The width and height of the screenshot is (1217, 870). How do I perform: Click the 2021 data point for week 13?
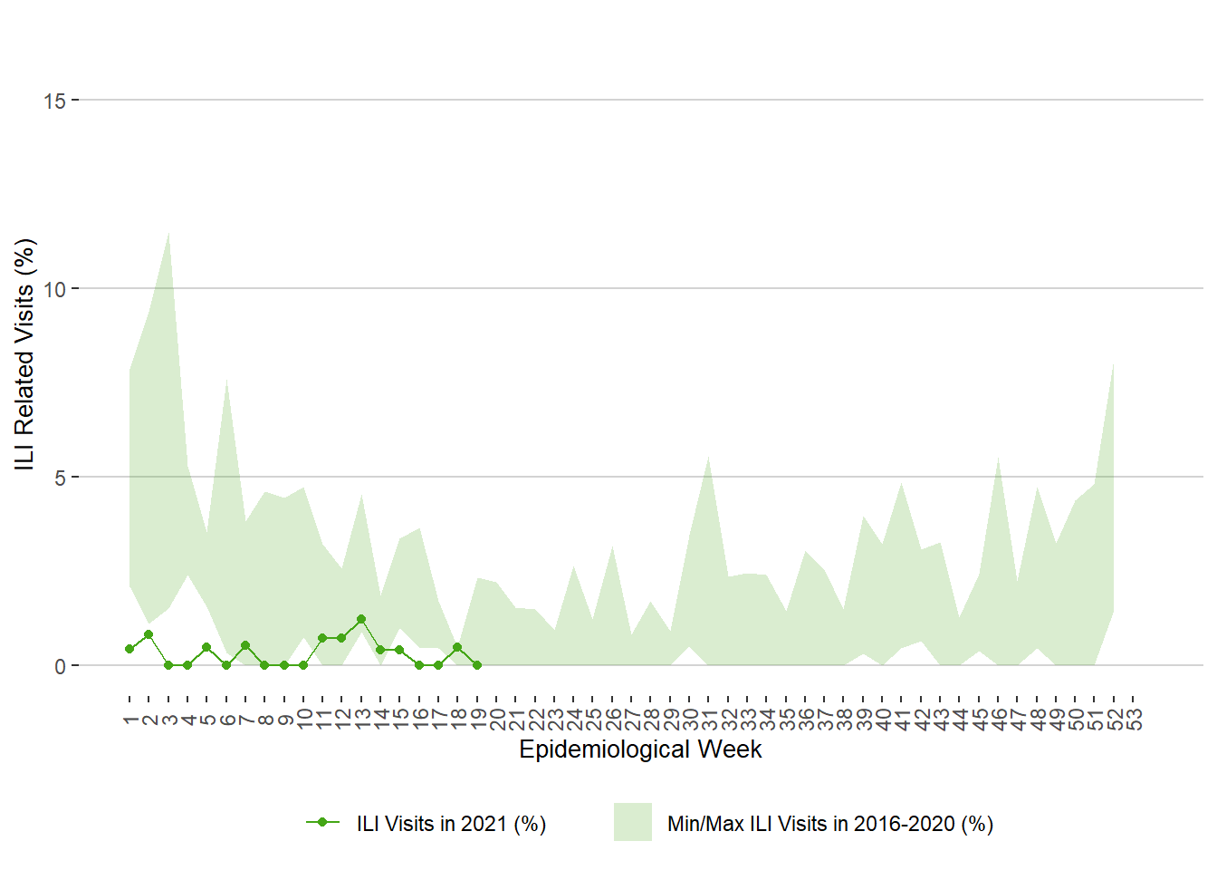(x=361, y=619)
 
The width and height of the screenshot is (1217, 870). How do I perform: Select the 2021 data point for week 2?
(x=149, y=634)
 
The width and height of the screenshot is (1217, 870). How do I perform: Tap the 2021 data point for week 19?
(x=477, y=665)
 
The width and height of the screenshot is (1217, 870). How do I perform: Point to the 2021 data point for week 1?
(x=129, y=649)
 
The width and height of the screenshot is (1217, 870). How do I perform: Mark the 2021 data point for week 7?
(x=245, y=645)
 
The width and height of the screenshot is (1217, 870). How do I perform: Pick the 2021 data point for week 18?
(x=457, y=647)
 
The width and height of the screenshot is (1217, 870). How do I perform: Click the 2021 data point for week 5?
(x=206, y=647)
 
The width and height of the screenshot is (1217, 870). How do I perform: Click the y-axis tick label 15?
(x=54, y=101)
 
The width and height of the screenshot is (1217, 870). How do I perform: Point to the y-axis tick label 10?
(x=54, y=289)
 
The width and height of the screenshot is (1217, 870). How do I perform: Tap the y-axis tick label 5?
(x=60, y=478)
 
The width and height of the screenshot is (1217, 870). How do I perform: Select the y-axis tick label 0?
(x=60, y=666)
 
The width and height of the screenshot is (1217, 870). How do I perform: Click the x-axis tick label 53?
(x=1134, y=720)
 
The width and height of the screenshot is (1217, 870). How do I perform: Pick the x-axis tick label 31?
(x=709, y=720)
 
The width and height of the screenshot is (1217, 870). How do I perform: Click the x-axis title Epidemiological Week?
(x=640, y=749)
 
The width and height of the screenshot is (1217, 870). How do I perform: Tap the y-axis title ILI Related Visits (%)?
(x=24, y=353)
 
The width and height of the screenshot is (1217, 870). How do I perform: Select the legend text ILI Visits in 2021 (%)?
(x=451, y=824)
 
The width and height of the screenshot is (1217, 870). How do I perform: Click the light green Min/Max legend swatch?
(x=633, y=822)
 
